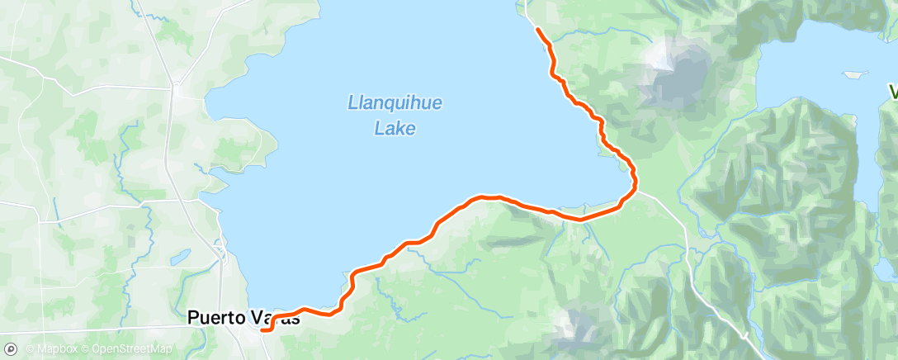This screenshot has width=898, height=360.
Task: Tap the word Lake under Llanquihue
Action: point(395,128)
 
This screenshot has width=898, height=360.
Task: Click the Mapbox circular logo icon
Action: point(11,350)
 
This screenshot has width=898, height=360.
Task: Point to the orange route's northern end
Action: point(538,30)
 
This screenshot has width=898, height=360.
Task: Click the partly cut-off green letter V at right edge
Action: point(893,90)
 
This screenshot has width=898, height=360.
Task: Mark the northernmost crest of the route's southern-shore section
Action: point(487,197)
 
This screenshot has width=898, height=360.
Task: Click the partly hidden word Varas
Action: point(276,317)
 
